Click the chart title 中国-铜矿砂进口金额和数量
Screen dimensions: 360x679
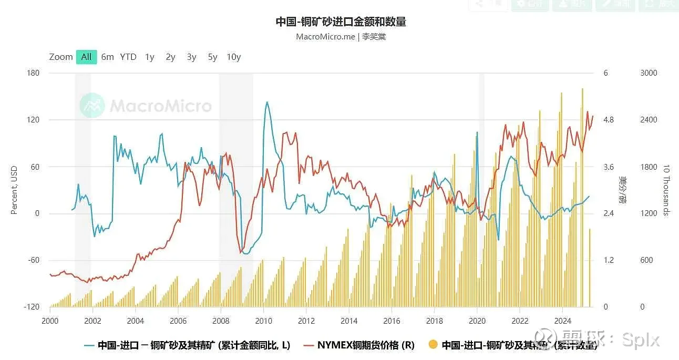point(341,22)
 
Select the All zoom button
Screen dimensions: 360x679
point(86,57)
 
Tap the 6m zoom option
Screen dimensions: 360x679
point(107,57)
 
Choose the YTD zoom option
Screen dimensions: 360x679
point(128,57)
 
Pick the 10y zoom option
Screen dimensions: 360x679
point(233,57)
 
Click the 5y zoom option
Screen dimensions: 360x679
point(212,57)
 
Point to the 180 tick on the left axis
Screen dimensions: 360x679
point(33,73)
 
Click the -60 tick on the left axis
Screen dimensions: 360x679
point(33,260)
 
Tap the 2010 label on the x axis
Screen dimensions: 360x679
point(263,321)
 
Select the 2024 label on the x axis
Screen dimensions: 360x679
point(563,321)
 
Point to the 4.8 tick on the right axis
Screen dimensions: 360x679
point(609,120)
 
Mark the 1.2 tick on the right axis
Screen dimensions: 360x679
point(609,260)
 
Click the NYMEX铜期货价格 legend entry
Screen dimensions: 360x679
point(366,345)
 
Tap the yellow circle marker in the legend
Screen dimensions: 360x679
point(433,345)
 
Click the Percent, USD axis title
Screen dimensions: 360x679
point(14,190)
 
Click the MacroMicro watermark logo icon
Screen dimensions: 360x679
point(92,106)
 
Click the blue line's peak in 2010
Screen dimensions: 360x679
point(267,102)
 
